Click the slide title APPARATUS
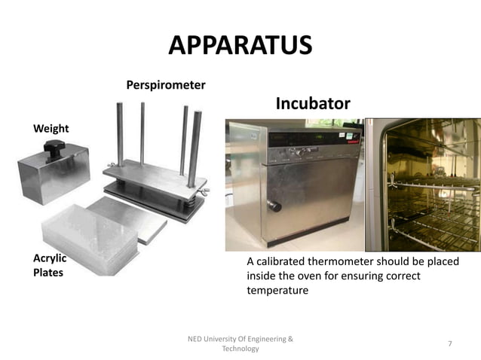coord(240,45)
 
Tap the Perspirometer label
coord(165,85)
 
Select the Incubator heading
coord(312,103)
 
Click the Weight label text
coord(51,129)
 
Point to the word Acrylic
coord(50,258)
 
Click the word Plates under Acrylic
coord(47,273)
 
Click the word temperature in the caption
coord(277,290)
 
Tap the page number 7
coord(449,343)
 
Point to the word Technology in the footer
coord(240,349)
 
